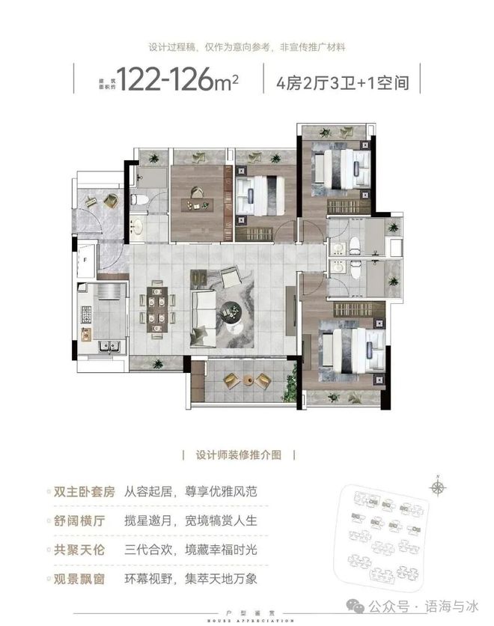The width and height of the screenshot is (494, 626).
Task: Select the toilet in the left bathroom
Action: (x=138, y=200)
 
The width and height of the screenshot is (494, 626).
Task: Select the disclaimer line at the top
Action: (x=247, y=46)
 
